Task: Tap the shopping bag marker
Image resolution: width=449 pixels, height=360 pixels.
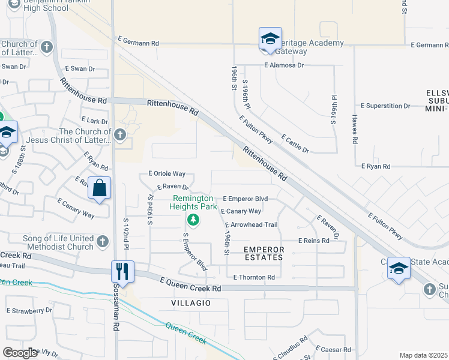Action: [x=99, y=188]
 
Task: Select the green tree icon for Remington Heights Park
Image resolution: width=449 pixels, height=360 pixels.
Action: [x=193, y=218]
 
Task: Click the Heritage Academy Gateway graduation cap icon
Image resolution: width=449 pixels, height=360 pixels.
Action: [x=270, y=39]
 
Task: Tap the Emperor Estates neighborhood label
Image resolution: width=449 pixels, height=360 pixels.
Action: [x=263, y=253]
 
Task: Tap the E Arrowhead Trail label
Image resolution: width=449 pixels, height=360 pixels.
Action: [x=251, y=225]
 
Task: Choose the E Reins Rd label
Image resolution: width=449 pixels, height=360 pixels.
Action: [x=313, y=241]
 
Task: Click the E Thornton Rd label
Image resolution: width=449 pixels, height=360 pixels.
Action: [x=254, y=277]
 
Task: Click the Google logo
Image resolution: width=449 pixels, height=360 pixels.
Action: [x=20, y=353]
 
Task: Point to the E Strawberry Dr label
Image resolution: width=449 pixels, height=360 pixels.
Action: [x=29, y=311]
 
